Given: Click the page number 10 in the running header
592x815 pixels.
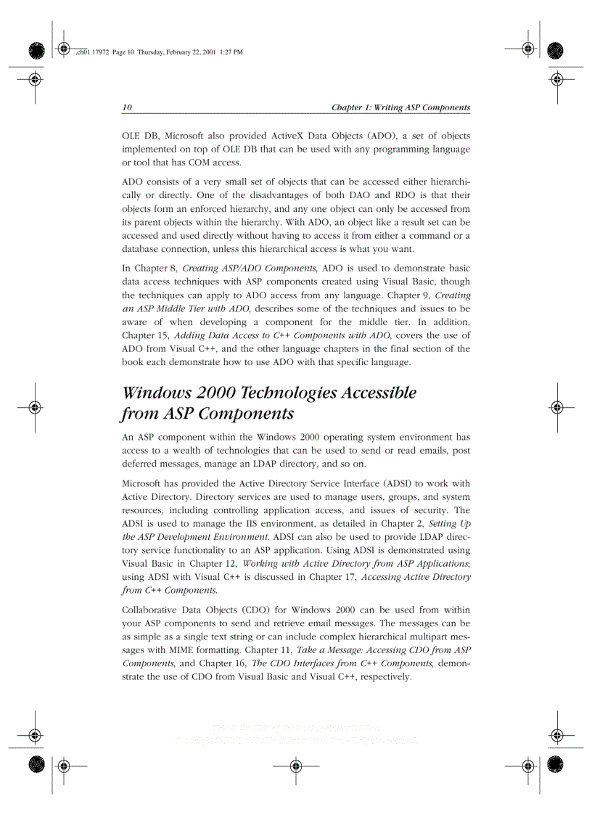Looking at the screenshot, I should (x=127, y=107).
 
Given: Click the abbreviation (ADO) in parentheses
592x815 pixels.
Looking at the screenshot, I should (x=381, y=136).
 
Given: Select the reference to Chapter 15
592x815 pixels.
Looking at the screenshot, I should (x=145, y=335).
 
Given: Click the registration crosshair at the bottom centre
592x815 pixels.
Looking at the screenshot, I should (x=295, y=764).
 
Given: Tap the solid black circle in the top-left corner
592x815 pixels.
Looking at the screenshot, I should (x=37, y=49).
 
